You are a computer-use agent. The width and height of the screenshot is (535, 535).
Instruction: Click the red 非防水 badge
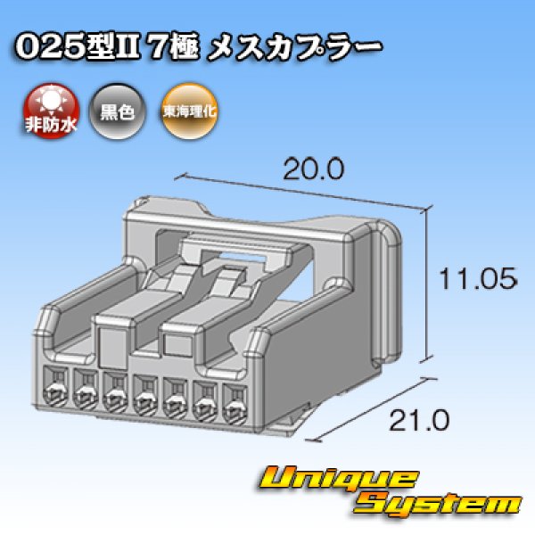pyautogui.click(x=51, y=111)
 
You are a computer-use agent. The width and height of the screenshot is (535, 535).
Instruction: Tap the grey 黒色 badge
pyautogui.click(x=117, y=111)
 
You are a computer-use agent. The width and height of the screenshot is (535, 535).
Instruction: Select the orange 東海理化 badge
pyautogui.click(x=189, y=111)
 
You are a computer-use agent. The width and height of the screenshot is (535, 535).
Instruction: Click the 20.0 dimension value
pyautogui.click(x=314, y=169)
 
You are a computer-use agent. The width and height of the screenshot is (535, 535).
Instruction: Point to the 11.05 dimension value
pyautogui.click(x=478, y=279)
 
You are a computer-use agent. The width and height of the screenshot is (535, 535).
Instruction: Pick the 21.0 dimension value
pyautogui.click(x=419, y=420)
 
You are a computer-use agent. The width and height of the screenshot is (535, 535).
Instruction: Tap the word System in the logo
pyautogui.click(x=438, y=505)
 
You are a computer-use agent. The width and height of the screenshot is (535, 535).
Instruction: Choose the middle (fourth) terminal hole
pyautogui.click(x=145, y=395)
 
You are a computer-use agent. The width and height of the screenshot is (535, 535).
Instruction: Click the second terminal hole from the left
pyautogui.click(x=86, y=390)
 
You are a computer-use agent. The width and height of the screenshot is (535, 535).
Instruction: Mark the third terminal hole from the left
pyautogui.click(x=115, y=392)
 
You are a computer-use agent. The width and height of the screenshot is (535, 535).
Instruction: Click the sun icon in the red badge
pyautogui.click(x=52, y=100)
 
